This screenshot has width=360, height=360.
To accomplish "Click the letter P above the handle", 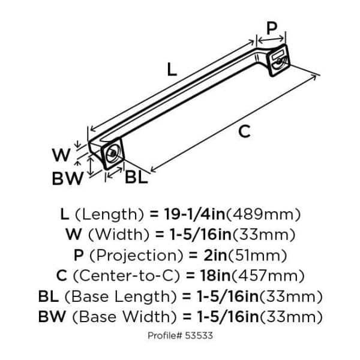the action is click(272, 28).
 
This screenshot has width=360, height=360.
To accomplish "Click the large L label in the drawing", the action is click(172, 70).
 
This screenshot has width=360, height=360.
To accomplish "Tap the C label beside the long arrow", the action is click(244, 131).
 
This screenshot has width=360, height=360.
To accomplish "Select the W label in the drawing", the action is click(61, 155).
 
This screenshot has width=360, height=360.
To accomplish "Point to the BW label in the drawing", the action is click(67, 178).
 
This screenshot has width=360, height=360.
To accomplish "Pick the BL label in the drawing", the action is click(136, 177).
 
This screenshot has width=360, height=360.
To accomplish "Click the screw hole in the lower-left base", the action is click(113, 154).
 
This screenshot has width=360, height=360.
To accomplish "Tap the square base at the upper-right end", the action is click(279, 60).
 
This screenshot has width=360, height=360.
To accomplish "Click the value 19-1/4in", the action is click(194, 214).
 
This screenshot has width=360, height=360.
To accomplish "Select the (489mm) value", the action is click(263, 214).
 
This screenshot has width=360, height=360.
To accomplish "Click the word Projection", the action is click(136, 256).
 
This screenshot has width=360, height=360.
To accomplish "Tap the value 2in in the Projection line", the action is click(215, 255).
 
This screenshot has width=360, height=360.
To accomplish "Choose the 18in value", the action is click(215, 275).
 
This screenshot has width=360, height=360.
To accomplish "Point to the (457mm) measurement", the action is click(268, 276).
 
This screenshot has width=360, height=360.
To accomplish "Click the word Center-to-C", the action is click(126, 275).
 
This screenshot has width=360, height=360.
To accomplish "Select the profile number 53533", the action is click(199, 335).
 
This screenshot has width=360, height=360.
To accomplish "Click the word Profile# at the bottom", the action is click(165, 335).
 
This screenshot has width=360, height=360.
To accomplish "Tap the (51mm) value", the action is click(257, 256).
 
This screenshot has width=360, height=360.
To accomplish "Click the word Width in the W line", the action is click(119, 235).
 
